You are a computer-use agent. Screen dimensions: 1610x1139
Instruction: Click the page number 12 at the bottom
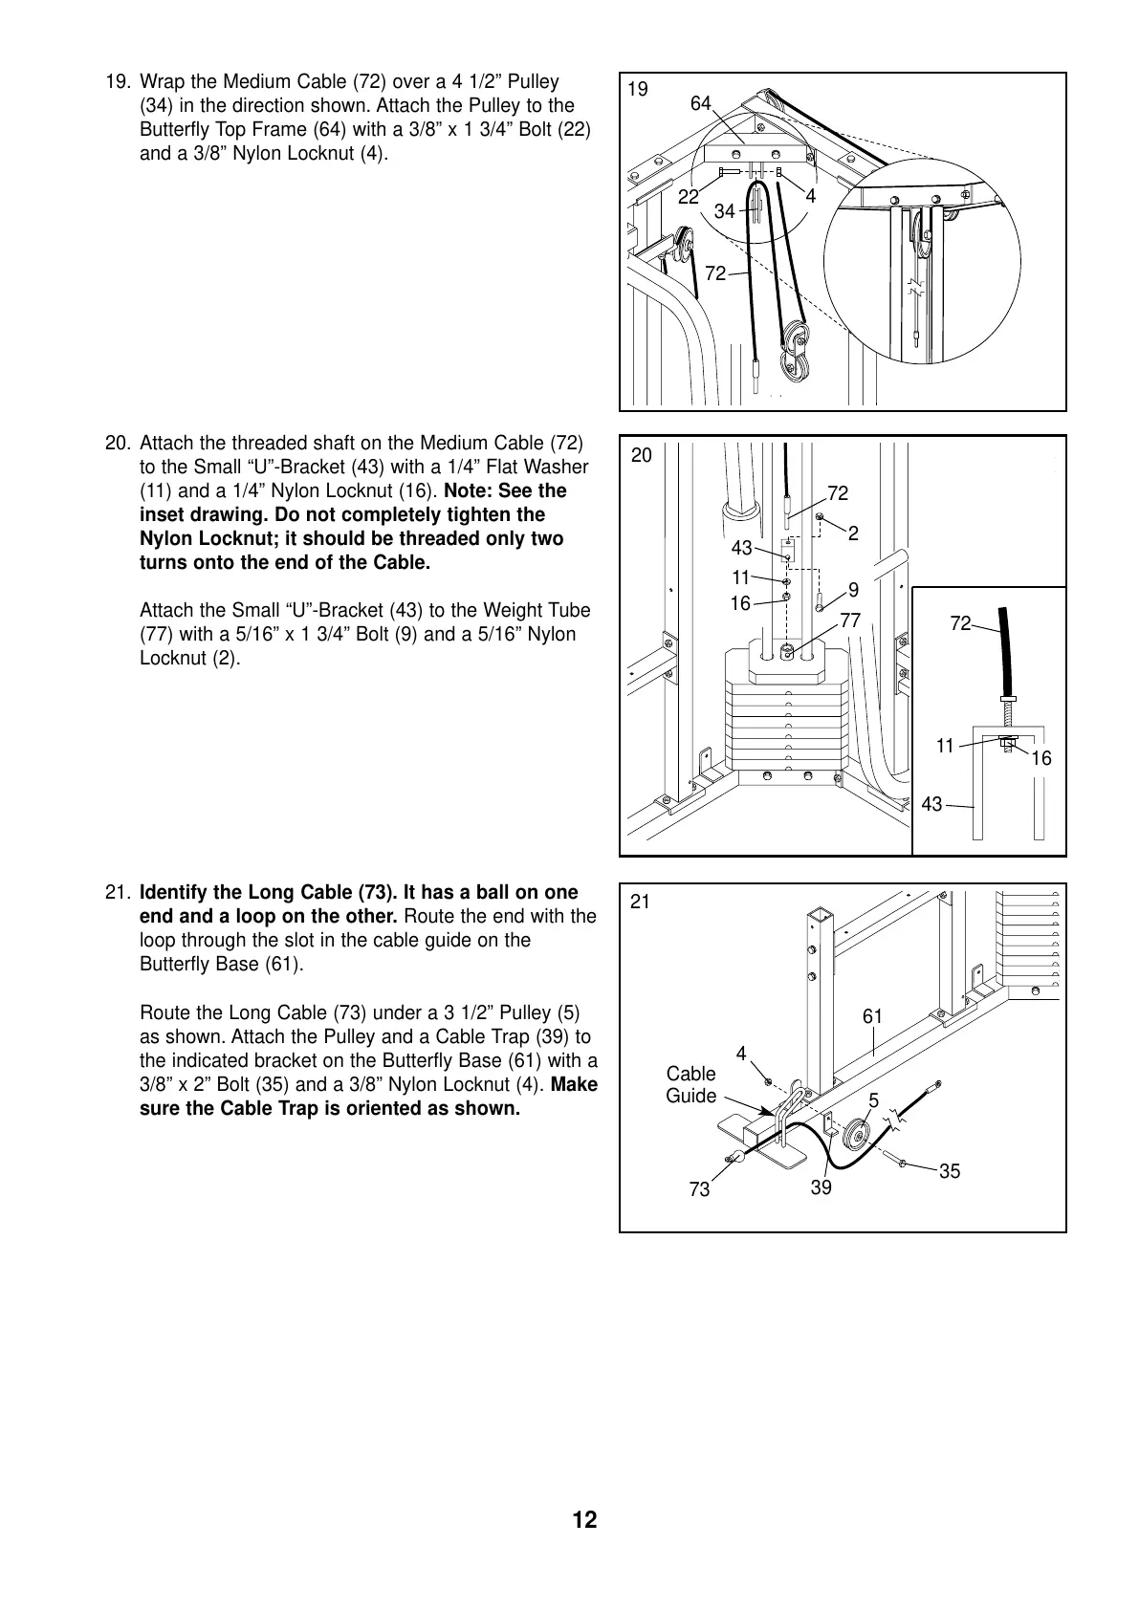pos(584,1520)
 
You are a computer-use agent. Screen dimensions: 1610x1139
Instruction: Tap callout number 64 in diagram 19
pos(701,104)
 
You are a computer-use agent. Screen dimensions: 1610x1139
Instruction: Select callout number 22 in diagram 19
pos(689,198)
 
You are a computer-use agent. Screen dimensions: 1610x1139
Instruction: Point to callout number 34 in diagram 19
pos(725,212)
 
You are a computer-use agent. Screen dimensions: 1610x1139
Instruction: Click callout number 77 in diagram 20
pos(850,621)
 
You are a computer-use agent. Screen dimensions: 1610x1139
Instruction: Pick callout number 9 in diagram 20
pos(853,590)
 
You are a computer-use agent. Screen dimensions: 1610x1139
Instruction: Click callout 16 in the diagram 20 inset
pos(1040,758)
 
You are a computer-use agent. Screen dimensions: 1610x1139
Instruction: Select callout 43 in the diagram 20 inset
pos(931,805)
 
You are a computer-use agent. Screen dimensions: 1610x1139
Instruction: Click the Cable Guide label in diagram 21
pos(690,1085)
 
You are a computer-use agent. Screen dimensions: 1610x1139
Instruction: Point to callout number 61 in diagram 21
pos(872,1016)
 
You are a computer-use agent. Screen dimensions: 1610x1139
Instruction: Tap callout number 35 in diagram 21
pos(950,1171)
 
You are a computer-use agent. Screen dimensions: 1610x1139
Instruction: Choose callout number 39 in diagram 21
pos(821,1187)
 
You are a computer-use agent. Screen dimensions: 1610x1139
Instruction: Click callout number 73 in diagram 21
pos(700,1189)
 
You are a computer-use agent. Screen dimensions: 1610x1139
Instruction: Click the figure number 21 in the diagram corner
pos(640,901)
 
